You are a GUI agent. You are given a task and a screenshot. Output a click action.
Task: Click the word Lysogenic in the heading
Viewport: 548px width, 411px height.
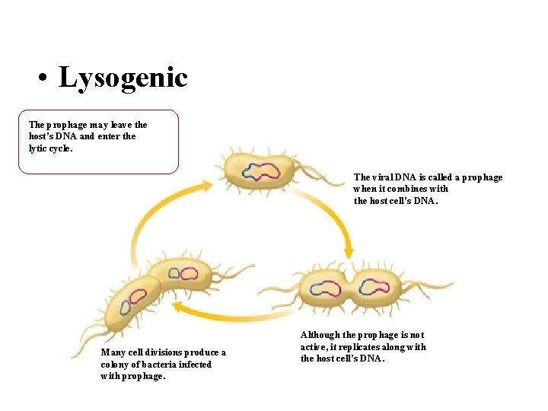(x=123, y=78)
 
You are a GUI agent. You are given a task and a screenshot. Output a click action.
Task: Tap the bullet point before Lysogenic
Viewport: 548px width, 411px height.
(x=45, y=79)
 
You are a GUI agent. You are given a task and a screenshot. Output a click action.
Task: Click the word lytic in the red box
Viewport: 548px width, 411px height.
(x=37, y=148)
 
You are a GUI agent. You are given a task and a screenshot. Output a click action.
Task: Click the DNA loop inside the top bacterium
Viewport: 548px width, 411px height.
(x=260, y=170)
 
